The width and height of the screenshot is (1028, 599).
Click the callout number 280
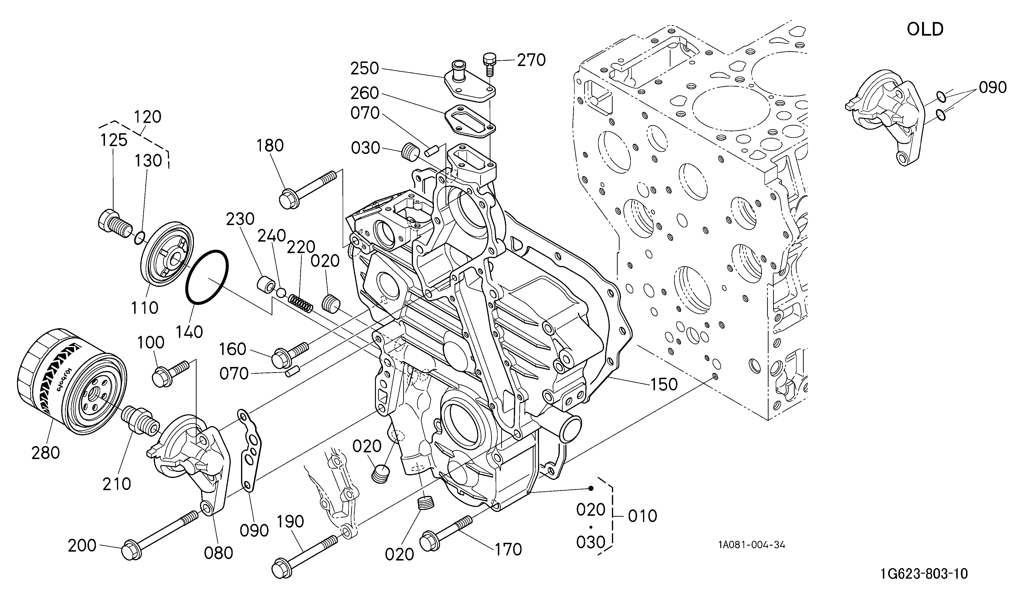pyautogui.click(x=45, y=453)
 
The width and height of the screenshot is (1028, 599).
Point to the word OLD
pyautogui.click(x=925, y=29)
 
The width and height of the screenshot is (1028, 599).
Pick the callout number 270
pyautogui.click(x=531, y=60)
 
